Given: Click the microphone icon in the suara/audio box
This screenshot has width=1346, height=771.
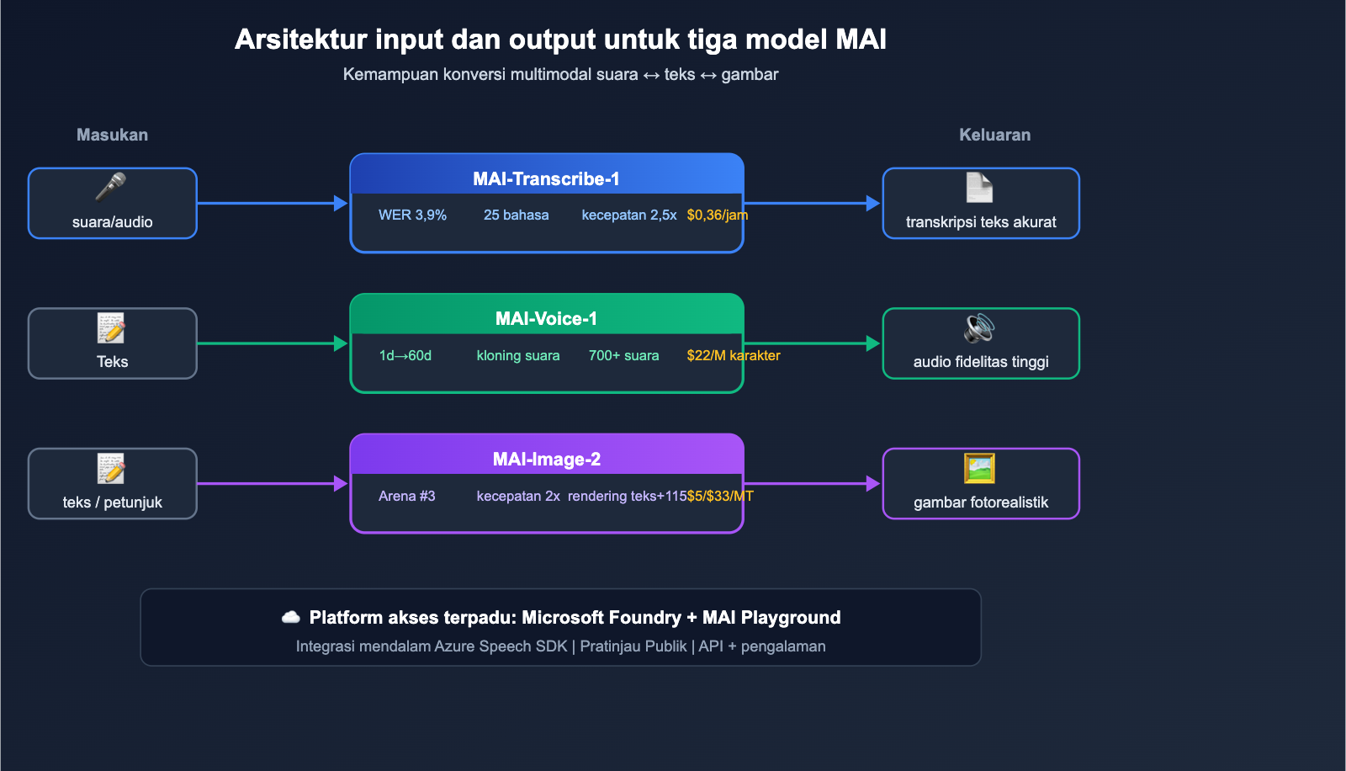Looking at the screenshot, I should (111, 187).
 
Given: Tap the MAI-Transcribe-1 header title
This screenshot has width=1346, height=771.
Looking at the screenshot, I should (546, 178).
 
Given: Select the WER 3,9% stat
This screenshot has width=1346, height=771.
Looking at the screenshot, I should (412, 215).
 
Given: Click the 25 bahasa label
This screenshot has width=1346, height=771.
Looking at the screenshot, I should (516, 215).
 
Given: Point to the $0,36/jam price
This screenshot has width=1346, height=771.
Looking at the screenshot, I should (717, 215).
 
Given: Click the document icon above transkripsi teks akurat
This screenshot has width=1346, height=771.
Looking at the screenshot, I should (979, 187).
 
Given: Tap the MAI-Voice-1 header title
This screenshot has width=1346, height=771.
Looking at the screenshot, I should (546, 318).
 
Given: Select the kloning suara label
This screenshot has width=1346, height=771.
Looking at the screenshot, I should (517, 355).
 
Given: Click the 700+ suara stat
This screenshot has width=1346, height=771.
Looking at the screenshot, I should (623, 355).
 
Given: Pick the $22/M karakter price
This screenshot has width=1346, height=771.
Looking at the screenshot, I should (733, 355).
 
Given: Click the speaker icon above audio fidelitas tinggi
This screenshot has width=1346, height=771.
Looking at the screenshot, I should (979, 327).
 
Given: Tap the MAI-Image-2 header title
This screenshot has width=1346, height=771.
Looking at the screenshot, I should (546, 459).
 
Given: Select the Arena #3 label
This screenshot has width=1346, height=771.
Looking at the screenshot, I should (406, 496).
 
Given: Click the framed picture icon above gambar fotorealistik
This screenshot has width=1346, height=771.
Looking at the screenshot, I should (979, 468).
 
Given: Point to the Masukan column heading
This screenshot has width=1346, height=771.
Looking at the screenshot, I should (112, 135).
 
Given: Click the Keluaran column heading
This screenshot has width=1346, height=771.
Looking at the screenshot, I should (994, 135).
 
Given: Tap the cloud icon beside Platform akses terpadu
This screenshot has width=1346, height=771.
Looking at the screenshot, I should (291, 617).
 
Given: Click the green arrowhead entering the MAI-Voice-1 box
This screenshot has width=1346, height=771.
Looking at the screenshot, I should (340, 343).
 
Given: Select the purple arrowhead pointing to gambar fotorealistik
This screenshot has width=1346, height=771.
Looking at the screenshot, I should (872, 484).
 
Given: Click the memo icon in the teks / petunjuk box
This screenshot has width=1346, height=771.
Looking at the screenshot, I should (111, 468).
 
